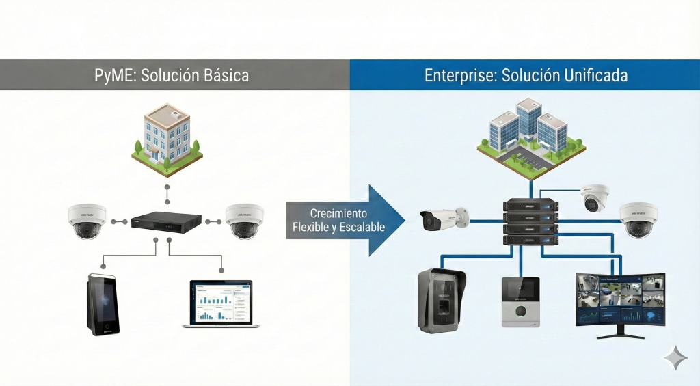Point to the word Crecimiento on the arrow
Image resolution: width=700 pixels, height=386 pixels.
point(338,213)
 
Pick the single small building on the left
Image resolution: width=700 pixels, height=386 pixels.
point(166,141)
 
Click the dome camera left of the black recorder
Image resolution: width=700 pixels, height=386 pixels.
point(87,221)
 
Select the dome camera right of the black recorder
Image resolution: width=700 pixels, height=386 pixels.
point(245,221)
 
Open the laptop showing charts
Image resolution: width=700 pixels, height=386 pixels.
point(217,304)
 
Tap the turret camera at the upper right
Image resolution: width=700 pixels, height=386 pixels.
point(595,197)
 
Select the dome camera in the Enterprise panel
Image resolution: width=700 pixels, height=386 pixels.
point(639,221)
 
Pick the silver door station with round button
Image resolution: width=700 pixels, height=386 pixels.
point(520,301)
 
